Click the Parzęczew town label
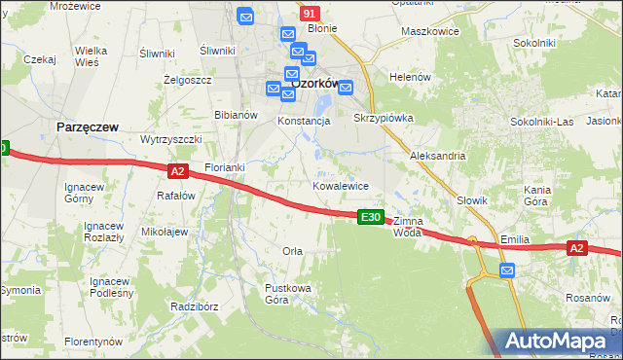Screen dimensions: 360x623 (89, 127)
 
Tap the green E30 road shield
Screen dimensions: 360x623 (370, 217)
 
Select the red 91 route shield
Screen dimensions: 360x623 (310, 14)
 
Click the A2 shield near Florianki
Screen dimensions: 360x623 (177, 171)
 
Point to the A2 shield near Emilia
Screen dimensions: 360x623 (577, 249)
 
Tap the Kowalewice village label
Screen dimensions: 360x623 (340, 185)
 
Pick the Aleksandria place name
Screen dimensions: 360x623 (438, 156)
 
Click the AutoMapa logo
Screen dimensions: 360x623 (558, 342)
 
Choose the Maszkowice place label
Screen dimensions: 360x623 (430, 32)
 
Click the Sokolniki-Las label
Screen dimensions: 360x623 (542, 122)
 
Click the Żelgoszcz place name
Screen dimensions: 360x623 (187, 80)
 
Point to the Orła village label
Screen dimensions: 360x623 (292, 251)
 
